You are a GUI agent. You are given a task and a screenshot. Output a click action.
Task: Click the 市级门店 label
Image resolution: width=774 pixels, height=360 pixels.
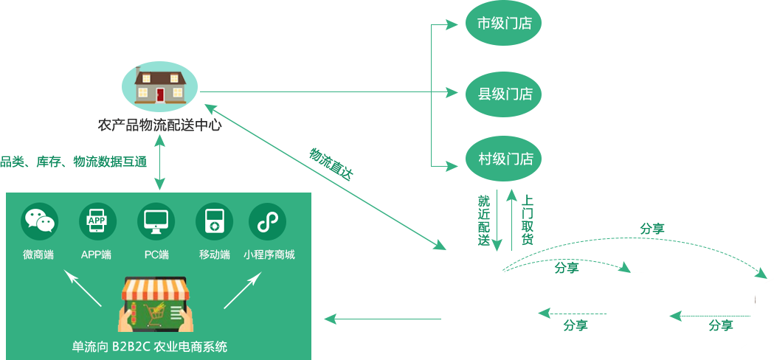point(505,24)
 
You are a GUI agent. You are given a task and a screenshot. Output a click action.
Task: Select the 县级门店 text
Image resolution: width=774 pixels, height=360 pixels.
point(505,94)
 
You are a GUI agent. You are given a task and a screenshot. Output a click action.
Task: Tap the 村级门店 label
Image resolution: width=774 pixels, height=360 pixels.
point(505,159)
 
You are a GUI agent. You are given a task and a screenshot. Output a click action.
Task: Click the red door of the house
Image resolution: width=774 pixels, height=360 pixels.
point(160,94)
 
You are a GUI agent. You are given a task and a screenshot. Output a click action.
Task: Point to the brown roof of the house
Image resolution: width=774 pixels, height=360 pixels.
point(160,77)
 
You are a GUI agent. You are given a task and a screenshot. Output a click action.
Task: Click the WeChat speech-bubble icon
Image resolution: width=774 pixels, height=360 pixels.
point(39,221)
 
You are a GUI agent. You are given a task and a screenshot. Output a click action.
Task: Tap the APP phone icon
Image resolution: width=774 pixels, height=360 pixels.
point(97,221)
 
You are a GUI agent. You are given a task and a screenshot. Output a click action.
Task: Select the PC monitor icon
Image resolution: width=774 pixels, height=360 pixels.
point(156,221)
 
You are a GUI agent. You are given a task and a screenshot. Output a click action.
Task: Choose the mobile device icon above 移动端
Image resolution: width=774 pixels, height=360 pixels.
point(214,221)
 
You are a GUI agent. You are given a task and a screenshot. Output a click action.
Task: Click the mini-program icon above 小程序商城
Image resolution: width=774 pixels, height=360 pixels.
point(267,221)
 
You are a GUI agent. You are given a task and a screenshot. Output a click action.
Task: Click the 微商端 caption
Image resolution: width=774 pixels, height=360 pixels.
point(38,255)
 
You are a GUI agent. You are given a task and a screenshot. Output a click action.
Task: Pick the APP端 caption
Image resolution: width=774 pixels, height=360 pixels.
point(97,255)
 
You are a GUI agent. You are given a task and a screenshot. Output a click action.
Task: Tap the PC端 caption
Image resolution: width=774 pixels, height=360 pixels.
point(156,255)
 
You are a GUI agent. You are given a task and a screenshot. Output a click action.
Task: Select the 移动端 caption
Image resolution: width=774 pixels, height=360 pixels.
point(214,255)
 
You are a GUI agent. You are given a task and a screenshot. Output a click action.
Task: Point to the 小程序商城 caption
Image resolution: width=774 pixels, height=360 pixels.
point(269,255)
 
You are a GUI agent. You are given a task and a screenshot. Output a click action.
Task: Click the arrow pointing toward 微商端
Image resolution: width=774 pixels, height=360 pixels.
point(82,288)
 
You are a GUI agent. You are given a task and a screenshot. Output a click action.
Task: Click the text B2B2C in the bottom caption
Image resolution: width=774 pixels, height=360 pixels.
point(130,347)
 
